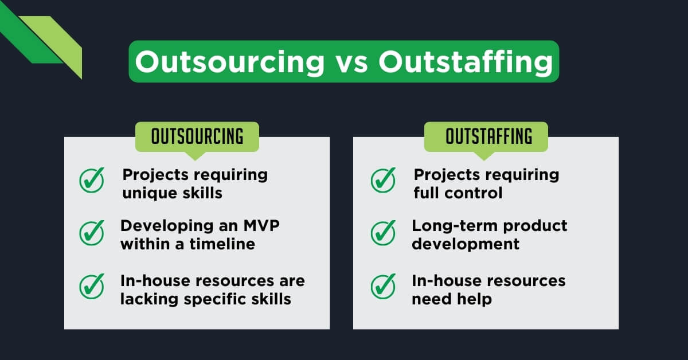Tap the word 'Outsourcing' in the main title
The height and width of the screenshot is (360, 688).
coord(230,62)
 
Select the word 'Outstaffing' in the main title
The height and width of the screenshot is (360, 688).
coord(465,62)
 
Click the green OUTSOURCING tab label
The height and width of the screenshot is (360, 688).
coord(197,136)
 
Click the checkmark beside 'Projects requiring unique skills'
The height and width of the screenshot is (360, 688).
coord(92,181)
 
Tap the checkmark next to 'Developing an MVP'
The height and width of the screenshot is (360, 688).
coord(92,232)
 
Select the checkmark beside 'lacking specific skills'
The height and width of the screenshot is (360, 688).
coord(92,286)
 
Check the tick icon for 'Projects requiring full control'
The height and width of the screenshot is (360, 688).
coord(383,181)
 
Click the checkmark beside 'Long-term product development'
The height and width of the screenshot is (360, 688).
coord(383,232)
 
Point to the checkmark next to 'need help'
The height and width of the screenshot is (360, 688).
coord(383,286)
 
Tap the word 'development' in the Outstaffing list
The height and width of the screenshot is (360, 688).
coord(466,244)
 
